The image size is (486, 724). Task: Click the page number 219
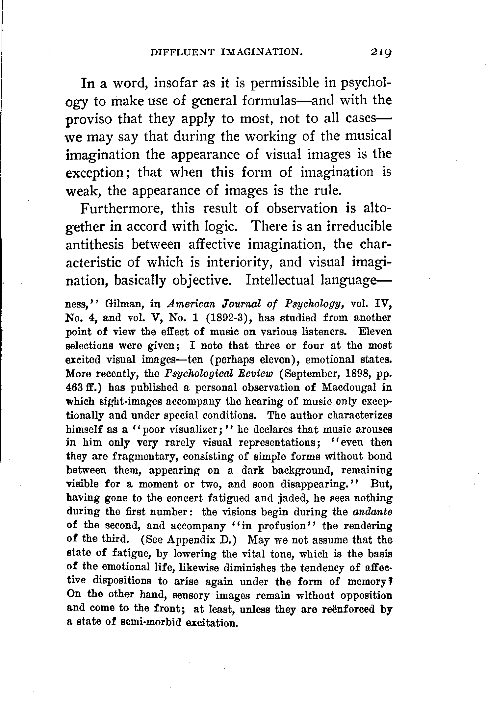click(382, 53)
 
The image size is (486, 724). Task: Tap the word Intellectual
click(281, 281)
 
